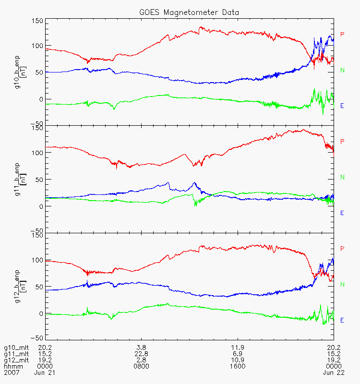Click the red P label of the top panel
(x=342, y=34)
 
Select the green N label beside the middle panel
(x=342, y=177)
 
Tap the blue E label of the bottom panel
(x=342, y=320)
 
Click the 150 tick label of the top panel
(x=37, y=21)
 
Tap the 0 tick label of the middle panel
(x=40, y=206)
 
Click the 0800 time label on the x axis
(x=141, y=366)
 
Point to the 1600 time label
(x=238, y=366)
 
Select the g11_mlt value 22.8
(x=141, y=354)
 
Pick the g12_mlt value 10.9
(x=238, y=360)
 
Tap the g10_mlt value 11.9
(x=238, y=348)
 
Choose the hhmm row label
(x=11, y=366)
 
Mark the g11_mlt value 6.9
(x=238, y=354)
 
